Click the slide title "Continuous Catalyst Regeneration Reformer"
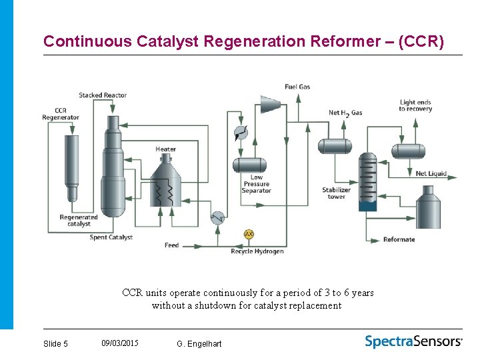(243, 41)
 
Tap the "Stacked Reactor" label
(103, 95)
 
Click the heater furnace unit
(165, 183)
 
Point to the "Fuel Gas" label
(297, 87)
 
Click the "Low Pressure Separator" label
(256, 184)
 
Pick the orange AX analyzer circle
(249, 235)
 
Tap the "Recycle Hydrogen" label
(257, 251)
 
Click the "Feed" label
(172, 245)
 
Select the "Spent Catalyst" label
(111, 237)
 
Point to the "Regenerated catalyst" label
(79, 221)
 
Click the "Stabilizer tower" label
(337, 193)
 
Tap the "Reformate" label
(399, 239)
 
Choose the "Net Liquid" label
(431, 173)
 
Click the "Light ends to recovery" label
(415, 105)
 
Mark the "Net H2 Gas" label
(345, 113)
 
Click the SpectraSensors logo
(413, 341)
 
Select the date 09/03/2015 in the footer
(120, 343)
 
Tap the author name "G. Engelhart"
(199, 343)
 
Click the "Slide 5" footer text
(55, 343)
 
